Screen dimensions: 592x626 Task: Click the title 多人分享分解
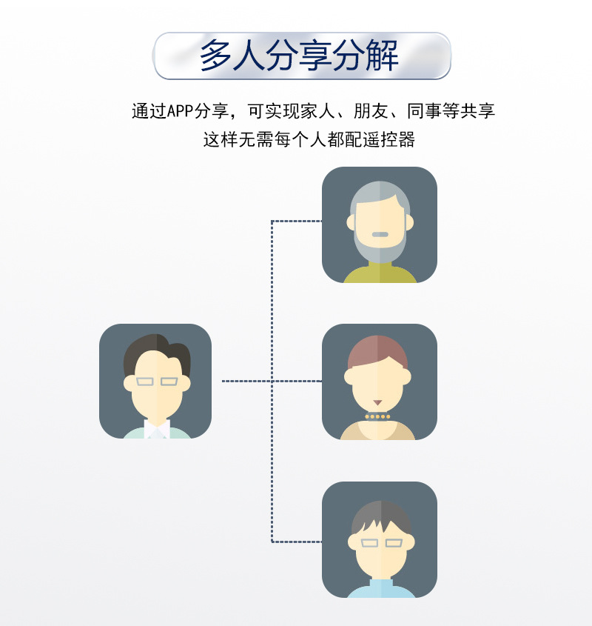[300, 56]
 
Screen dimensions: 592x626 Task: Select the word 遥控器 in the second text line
[396, 139]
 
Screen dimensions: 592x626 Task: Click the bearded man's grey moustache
[380, 234]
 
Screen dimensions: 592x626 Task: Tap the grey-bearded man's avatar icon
[380, 224]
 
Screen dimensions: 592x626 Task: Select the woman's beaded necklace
[377, 416]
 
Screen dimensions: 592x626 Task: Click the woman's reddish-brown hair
[378, 350]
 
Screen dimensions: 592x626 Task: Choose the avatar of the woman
[380, 382]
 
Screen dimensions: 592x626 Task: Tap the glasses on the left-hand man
[157, 382]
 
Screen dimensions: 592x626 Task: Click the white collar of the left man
[156, 429]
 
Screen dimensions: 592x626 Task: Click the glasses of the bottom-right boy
[380, 543]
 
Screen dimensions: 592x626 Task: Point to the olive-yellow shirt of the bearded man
[380, 275]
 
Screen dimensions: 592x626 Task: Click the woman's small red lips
[377, 403]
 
